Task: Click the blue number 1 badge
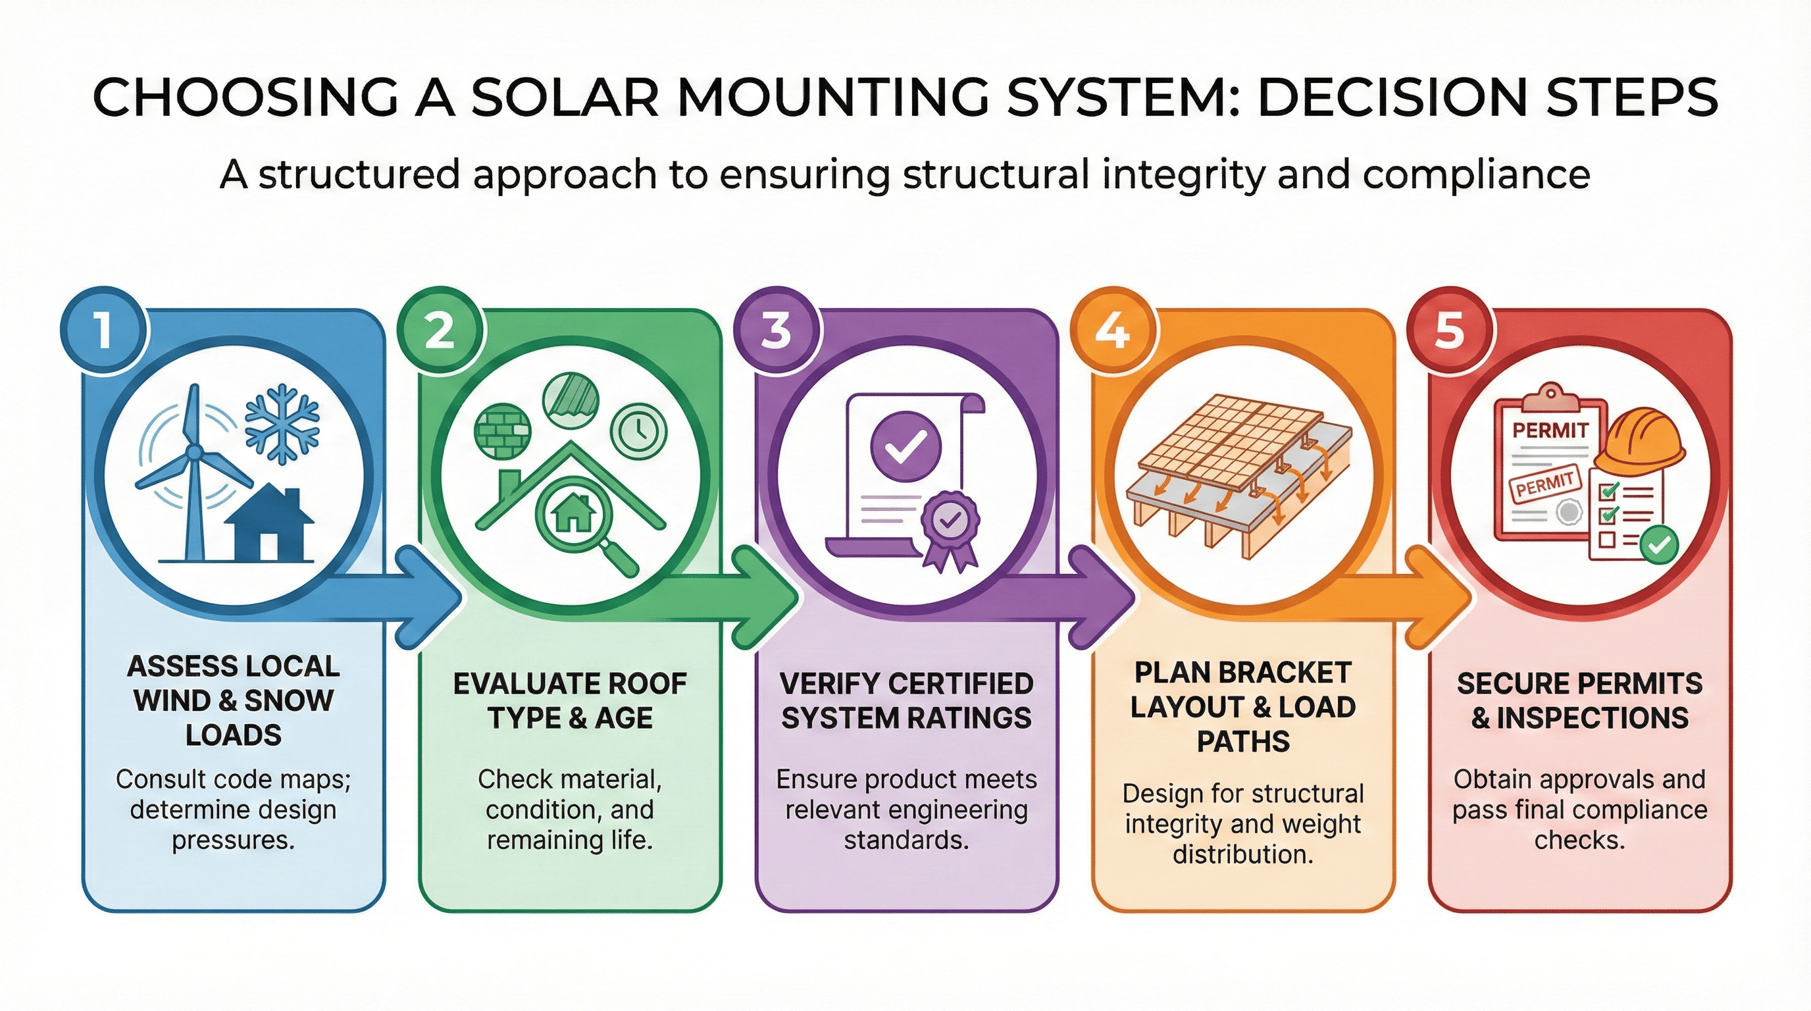coord(104,330)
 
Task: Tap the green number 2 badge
coord(440,330)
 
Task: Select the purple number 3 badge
coord(776,330)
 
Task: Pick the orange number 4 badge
coord(1112,330)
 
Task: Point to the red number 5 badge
coord(1449,330)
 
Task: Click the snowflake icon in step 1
coord(282,424)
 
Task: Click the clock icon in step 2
coord(638,430)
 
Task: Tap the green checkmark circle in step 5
coord(1659,544)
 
